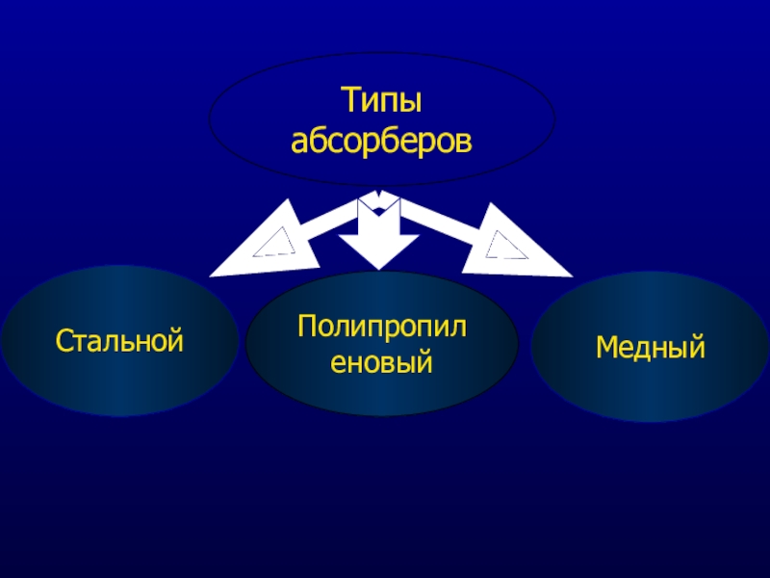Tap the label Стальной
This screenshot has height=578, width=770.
[119, 340]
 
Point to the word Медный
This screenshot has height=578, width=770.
[651, 346]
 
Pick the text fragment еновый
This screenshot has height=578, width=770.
[382, 363]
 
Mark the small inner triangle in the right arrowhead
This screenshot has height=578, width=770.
[502, 246]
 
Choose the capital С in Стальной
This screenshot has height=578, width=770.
[64, 340]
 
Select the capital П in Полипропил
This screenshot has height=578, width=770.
[308, 323]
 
